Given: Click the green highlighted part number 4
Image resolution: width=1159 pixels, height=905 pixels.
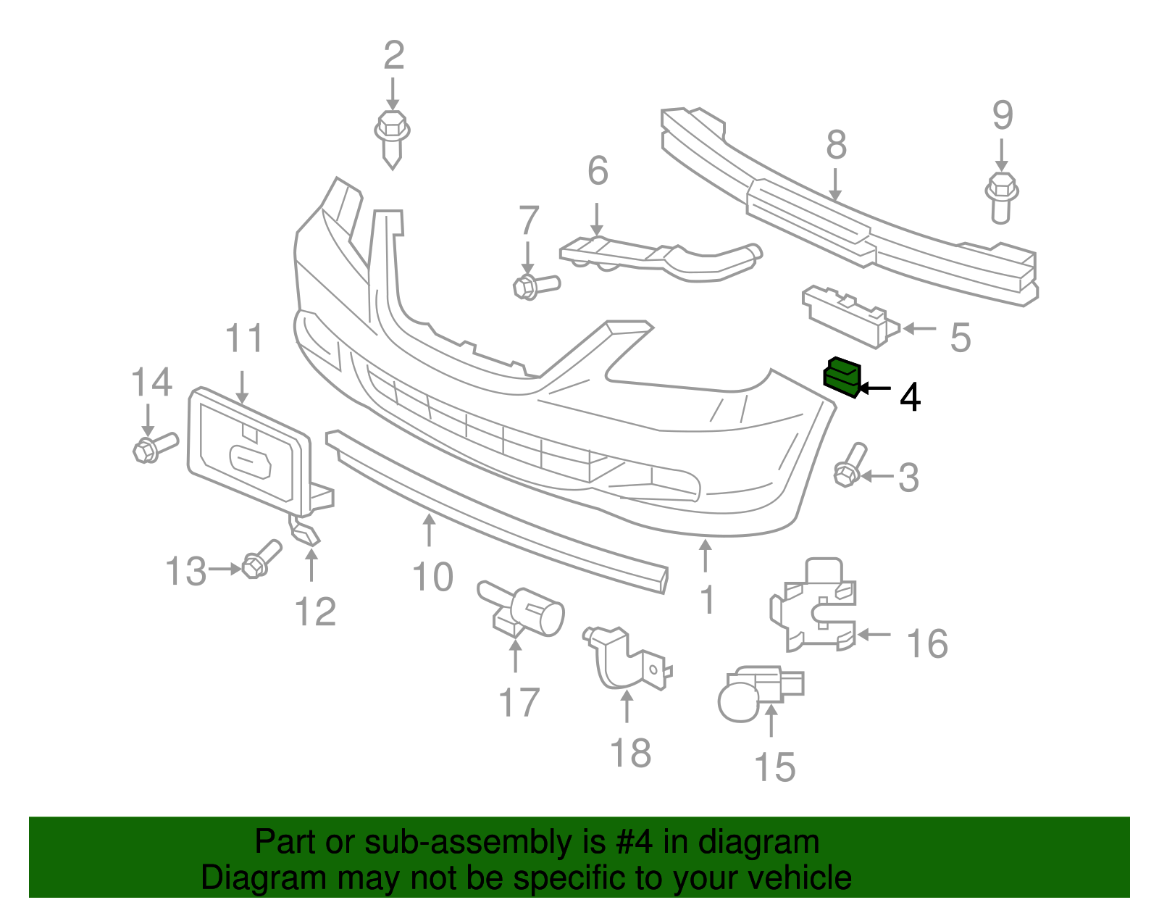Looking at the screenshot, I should pyautogui.click(x=841, y=377).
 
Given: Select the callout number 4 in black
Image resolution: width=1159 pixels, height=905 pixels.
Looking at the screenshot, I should pyautogui.click(x=910, y=397).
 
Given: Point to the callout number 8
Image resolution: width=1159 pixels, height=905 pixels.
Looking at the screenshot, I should pyautogui.click(x=836, y=145).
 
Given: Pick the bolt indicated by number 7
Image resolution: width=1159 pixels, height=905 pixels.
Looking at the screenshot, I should pyautogui.click(x=534, y=286).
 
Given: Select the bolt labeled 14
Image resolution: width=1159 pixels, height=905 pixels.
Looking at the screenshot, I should pyautogui.click(x=154, y=447).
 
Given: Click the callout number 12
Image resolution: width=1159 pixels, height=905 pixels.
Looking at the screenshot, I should pyautogui.click(x=316, y=612).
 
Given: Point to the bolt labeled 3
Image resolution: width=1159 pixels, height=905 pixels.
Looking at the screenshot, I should pyautogui.click(x=850, y=464).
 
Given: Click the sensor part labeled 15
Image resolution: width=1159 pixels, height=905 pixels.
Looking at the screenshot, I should pyautogui.click(x=757, y=692).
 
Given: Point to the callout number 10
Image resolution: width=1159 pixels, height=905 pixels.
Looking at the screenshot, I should pyautogui.click(x=432, y=577).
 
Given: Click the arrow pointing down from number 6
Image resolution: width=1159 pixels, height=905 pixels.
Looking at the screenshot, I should pyautogui.click(x=597, y=217).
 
